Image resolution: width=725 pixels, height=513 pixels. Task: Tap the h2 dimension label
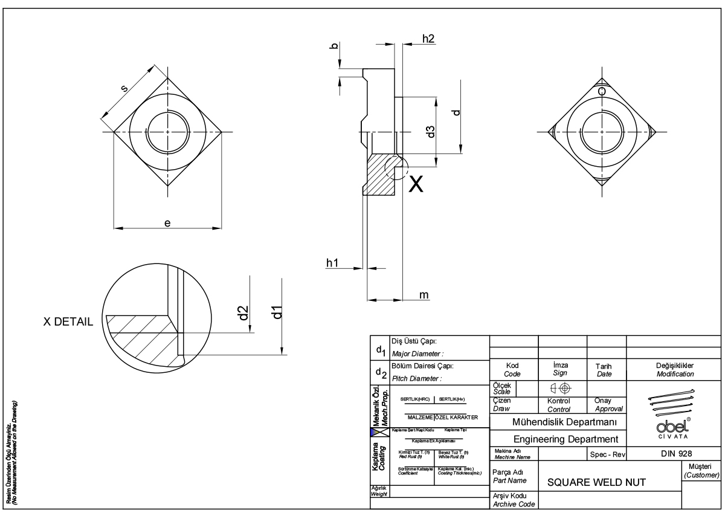coord(428,39)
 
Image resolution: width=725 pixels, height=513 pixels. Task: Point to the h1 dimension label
coord(333,262)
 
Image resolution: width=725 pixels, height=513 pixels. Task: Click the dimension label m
coord(424,294)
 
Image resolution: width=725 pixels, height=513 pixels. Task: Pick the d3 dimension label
coord(430,131)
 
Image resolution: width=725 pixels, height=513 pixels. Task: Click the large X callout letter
coord(416,185)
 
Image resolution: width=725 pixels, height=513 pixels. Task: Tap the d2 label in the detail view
coord(243,313)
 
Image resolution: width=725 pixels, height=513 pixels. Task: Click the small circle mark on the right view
coord(602,91)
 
